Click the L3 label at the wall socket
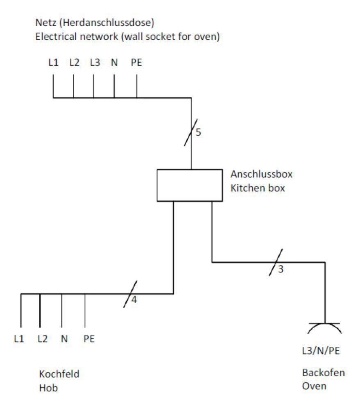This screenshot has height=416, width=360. pyautogui.click(x=95, y=63)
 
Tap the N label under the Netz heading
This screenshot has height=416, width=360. pyautogui.click(x=114, y=63)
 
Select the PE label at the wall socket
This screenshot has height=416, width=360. pyautogui.click(x=137, y=63)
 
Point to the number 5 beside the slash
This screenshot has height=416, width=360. pyautogui.click(x=198, y=132)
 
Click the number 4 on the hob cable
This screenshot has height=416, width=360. pyautogui.click(x=134, y=300)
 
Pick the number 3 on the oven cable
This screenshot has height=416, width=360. pyautogui.click(x=281, y=269)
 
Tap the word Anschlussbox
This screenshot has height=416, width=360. pyautogui.click(x=262, y=174)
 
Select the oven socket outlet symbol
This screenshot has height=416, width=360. pyautogui.click(x=325, y=324)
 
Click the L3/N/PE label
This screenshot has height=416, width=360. pyautogui.click(x=321, y=351)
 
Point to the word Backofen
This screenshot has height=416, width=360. pyautogui.click(x=324, y=373)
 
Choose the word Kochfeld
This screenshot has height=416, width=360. pyautogui.click(x=59, y=374)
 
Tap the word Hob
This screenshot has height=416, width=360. pyautogui.click(x=48, y=388)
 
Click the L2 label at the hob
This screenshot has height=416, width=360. pyautogui.click(x=43, y=339)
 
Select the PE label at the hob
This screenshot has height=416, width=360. pyautogui.click(x=89, y=339)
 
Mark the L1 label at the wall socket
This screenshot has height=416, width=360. pyautogui.click(x=53, y=63)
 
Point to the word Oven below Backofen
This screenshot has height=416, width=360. pyautogui.click(x=314, y=386)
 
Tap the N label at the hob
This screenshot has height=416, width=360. pyautogui.click(x=64, y=339)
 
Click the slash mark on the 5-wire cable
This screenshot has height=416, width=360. pyautogui.click(x=191, y=132)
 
